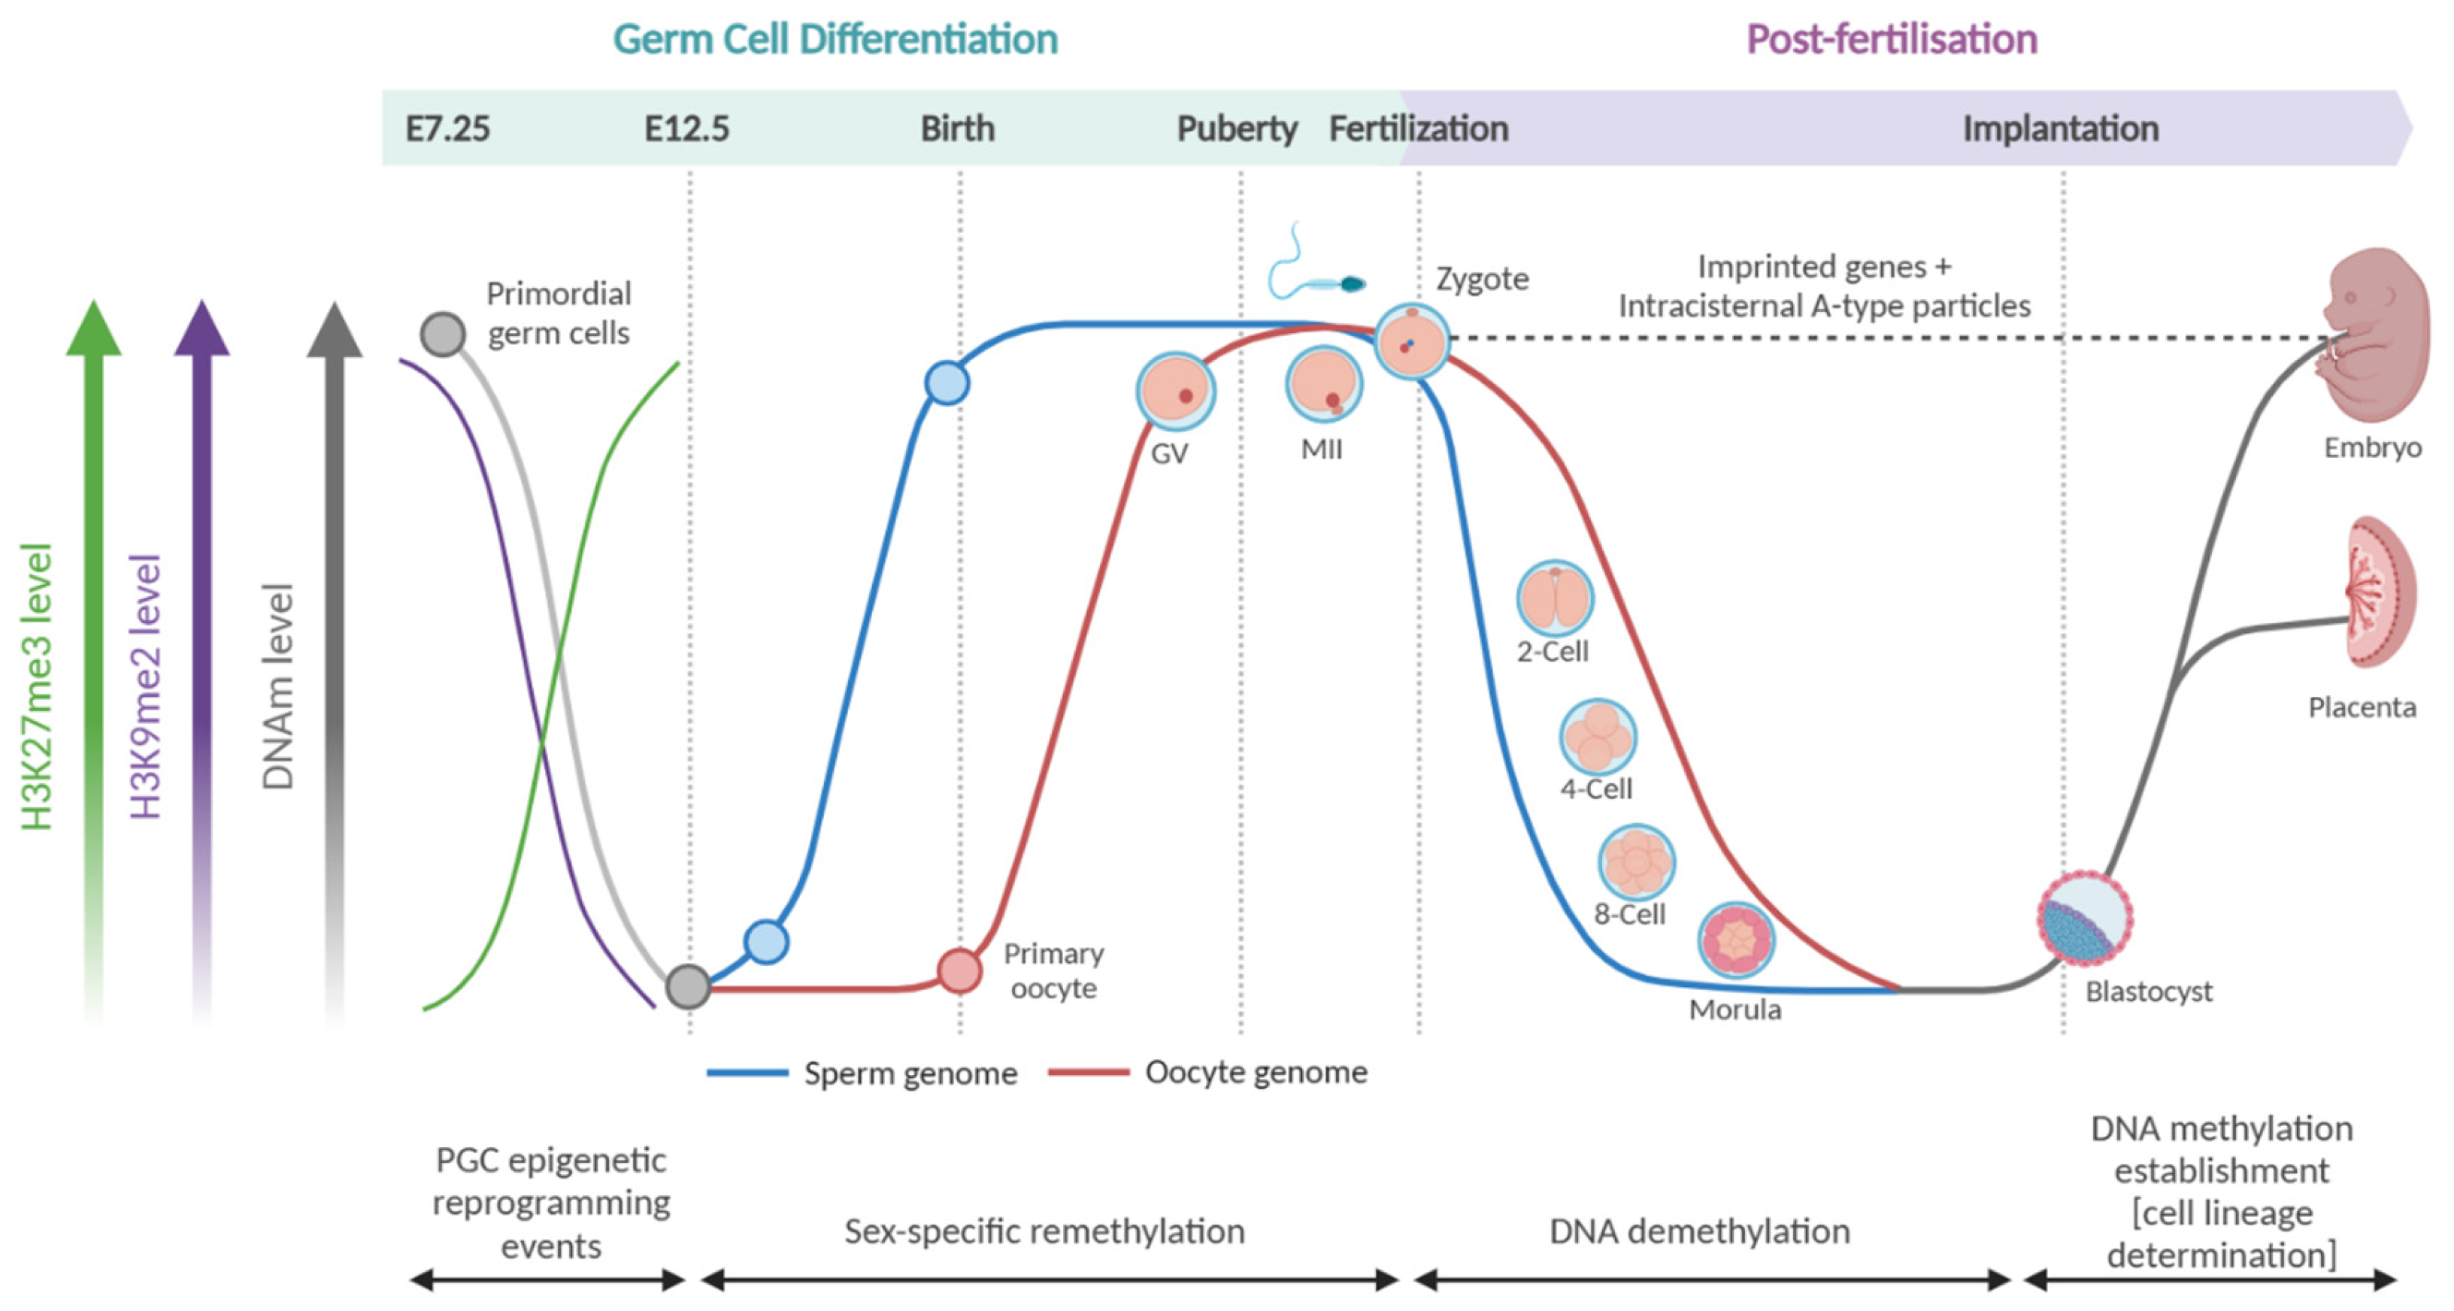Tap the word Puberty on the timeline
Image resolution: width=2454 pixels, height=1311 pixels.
point(1237,129)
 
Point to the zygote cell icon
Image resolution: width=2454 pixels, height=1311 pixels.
point(1412,341)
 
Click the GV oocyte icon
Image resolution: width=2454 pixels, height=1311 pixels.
point(1174,391)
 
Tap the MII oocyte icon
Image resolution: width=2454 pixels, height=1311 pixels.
point(1323,384)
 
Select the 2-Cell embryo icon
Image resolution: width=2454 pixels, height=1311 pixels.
point(1555,598)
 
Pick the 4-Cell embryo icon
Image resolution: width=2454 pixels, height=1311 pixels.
point(1598,737)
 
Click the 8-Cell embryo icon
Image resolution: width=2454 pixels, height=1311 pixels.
point(1636,862)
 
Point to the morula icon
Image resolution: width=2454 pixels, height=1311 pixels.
point(1736,940)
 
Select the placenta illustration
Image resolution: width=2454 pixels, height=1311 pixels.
point(2380,592)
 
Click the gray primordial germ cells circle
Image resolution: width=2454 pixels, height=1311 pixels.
point(443,335)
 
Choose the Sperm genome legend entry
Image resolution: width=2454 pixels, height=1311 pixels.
point(862,1073)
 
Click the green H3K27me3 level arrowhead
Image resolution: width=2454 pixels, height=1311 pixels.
point(93,329)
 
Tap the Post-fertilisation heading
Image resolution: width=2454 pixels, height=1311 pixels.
point(1891,39)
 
